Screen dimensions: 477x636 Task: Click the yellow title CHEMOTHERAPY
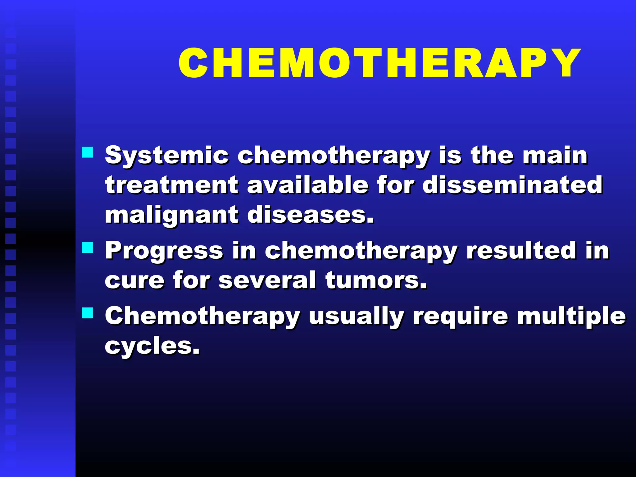[x=379, y=63]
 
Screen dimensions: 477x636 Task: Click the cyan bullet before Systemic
[x=88, y=152]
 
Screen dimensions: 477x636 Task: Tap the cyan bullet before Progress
[x=88, y=248]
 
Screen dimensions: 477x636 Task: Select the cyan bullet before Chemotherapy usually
[x=88, y=313]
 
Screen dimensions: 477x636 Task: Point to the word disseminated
[x=512, y=185]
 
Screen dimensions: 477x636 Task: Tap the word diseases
[x=311, y=215]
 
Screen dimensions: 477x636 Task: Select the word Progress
[x=164, y=251]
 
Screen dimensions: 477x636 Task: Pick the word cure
[x=134, y=280]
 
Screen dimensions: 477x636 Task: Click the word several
[x=267, y=280]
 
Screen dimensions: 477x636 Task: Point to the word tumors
[x=376, y=280]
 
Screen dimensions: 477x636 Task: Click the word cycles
[x=152, y=346]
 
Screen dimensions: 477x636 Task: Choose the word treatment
[x=172, y=185]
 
